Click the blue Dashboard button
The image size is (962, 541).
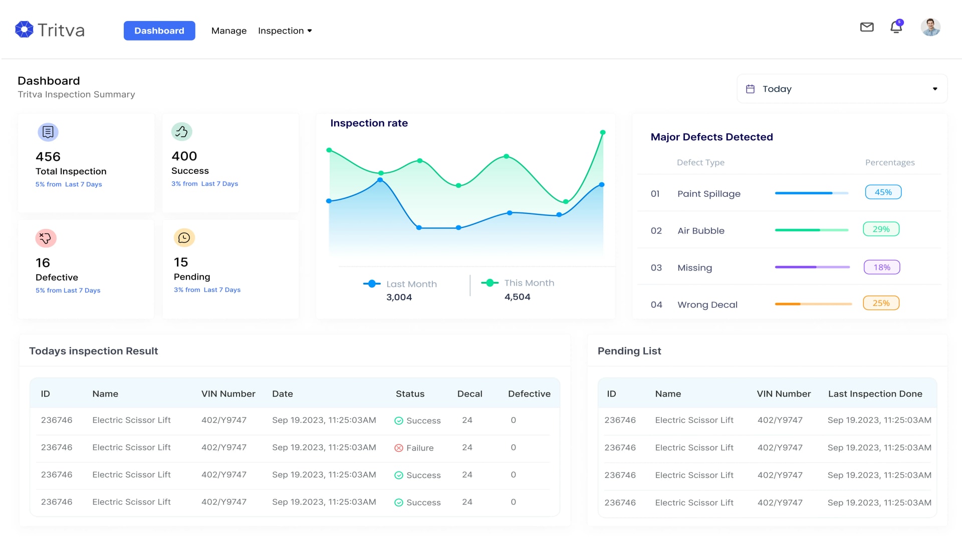click(x=159, y=31)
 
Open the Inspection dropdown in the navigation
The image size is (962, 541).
click(x=285, y=31)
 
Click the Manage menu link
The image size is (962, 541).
click(x=229, y=31)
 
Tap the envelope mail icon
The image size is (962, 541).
click(x=867, y=27)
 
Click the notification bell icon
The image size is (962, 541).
click(x=896, y=27)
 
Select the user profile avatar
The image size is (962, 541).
click(x=930, y=27)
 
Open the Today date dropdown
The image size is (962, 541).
click(x=842, y=89)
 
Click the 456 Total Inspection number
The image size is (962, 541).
click(x=48, y=157)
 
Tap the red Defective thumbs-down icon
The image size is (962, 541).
click(x=46, y=238)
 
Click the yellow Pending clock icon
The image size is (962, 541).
click(x=184, y=237)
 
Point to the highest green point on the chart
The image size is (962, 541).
click(x=603, y=133)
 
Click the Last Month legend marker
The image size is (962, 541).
click(x=372, y=284)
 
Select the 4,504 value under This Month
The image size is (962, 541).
click(x=517, y=297)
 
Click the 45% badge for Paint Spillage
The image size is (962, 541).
click(x=883, y=192)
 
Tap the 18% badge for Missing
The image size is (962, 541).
click(x=881, y=267)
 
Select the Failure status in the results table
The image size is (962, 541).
click(x=414, y=448)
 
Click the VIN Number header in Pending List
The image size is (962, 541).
click(x=784, y=394)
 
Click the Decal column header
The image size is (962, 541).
click(x=469, y=394)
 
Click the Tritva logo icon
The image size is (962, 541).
click(x=24, y=30)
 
